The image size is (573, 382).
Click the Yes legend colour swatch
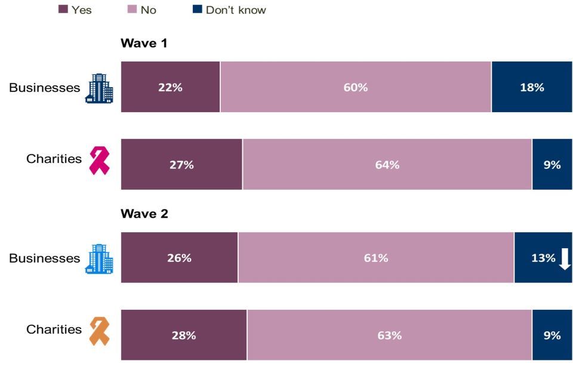[x=63, y=10]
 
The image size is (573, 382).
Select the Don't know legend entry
[x=235, y=10]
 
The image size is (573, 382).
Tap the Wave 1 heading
[x=144, y=44]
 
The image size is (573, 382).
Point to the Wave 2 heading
[x=144, y=214]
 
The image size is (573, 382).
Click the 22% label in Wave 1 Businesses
[x=170, y=87]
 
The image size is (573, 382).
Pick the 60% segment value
[x=356, y=87]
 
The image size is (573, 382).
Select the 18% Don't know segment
[x=532, y=87]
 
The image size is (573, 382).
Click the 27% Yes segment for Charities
[x=182, y=165]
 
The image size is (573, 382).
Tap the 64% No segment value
[x=387, y=165]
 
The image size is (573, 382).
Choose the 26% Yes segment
[x=180, y=258]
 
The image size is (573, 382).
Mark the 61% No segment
[x=376, y=258]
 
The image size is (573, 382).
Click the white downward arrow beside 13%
[x=565, y=258]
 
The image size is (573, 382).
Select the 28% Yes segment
[x=184, y=335]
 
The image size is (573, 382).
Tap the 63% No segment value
[x=389, y=335]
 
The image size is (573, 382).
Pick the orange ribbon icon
[x=99, y=332]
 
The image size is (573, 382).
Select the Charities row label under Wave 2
[x=54, y=329]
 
